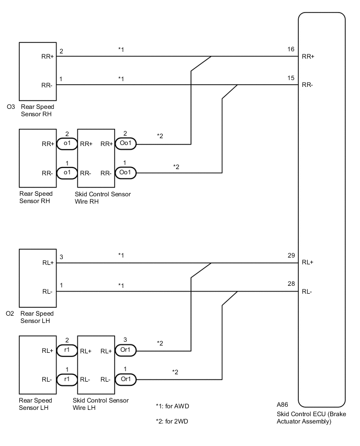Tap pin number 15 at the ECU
tap(290, 77)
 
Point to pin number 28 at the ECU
tap(290, 284)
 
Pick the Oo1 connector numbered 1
tap(125, 172)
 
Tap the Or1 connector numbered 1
tap(125, 377)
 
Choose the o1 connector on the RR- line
tap(67, 172)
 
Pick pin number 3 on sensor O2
tap(61, 257)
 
